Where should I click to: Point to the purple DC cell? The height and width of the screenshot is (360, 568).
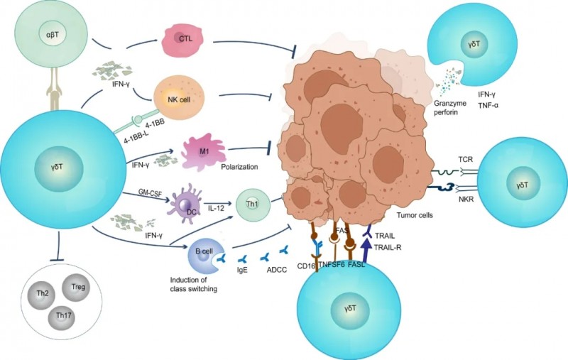pyautogui.click(x=187, y=206)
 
